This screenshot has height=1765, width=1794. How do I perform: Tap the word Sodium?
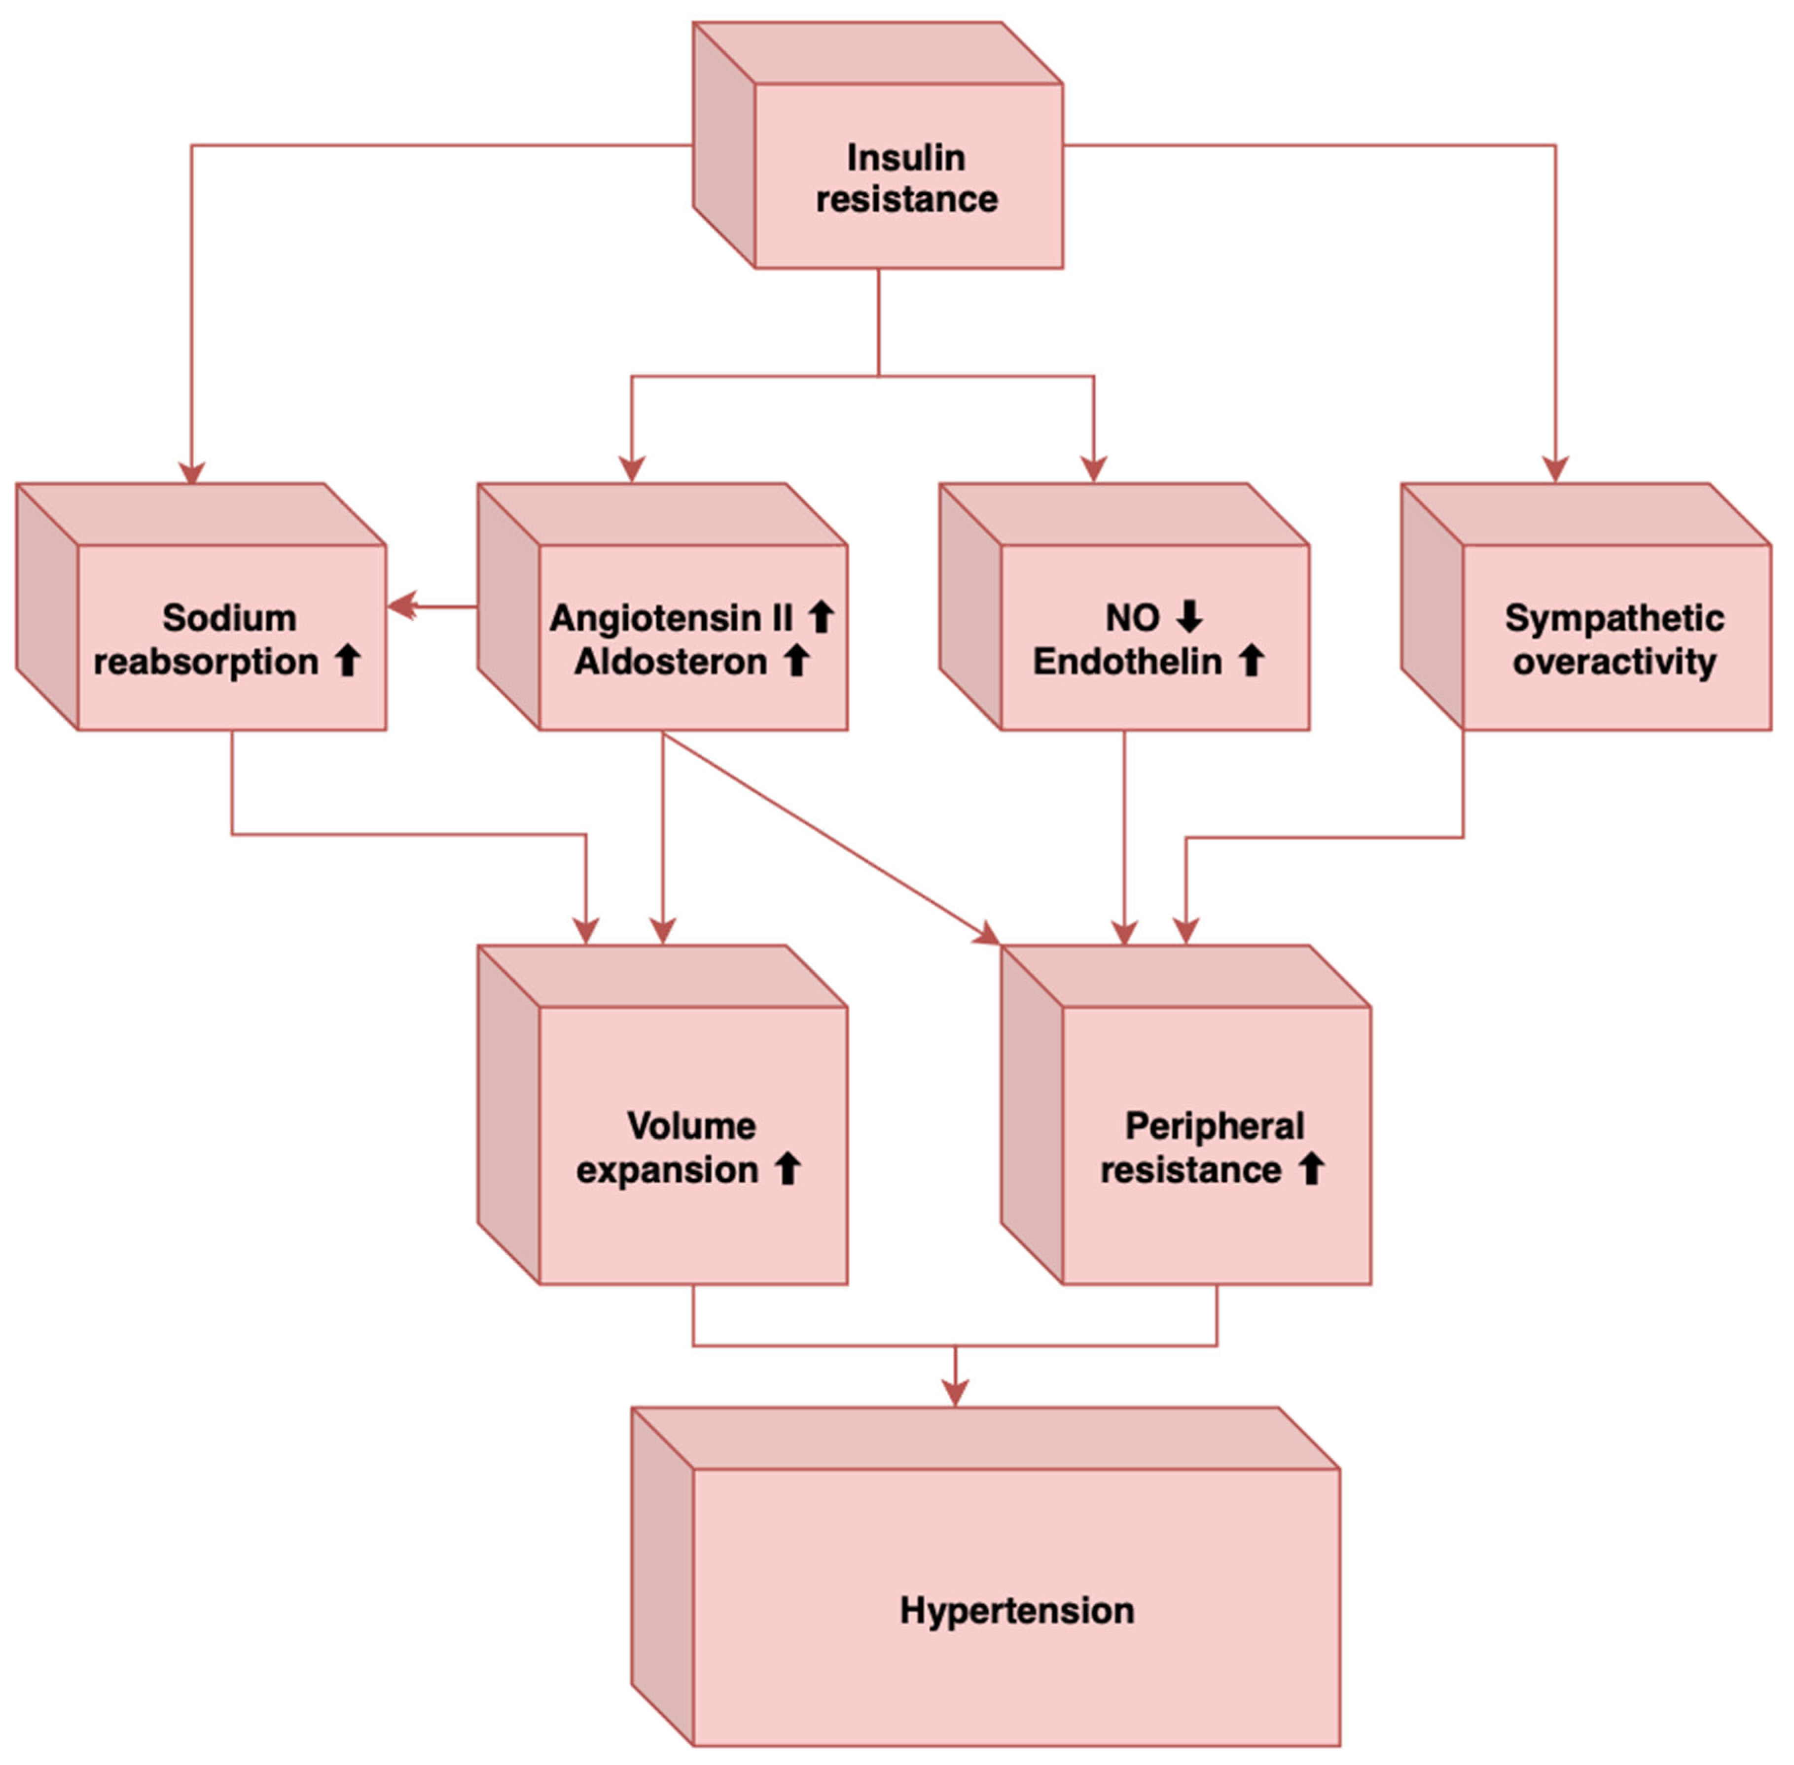[229, 617]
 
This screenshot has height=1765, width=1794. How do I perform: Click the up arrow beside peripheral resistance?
[1310, 1169]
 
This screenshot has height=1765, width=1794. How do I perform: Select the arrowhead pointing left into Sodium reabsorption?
[400, 607]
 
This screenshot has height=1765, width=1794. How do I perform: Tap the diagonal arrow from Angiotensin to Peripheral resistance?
[825, 834]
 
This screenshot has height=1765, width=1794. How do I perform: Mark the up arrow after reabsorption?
[348, 661]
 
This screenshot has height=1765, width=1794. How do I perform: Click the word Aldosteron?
[670, 661]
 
